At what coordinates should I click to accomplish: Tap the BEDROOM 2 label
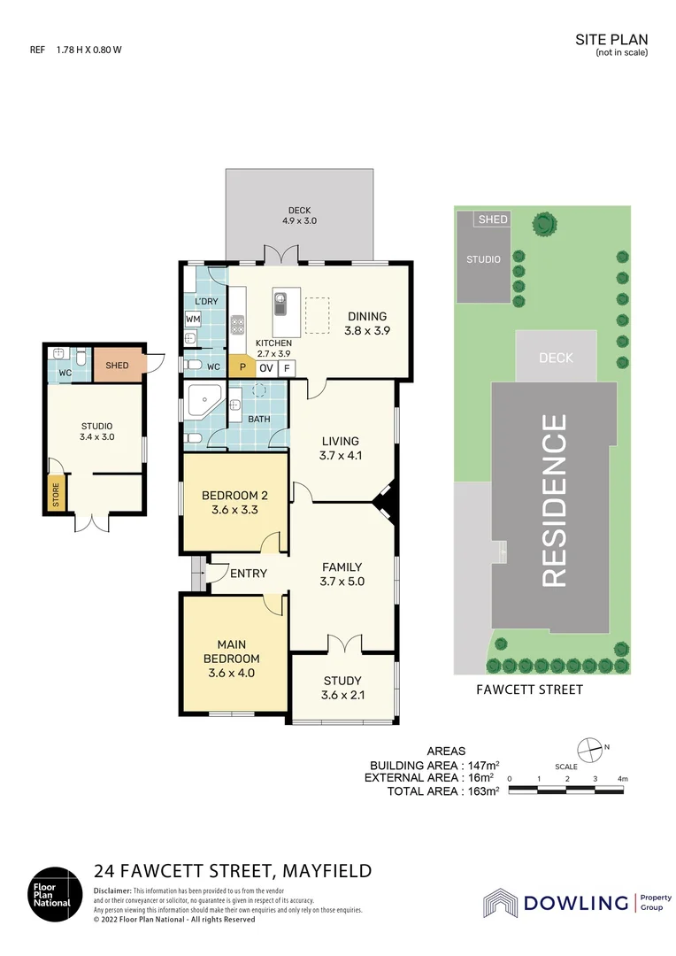coord(234,502)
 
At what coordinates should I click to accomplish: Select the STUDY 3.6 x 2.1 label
coord(342,687)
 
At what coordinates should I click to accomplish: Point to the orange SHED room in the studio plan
coord(117,366)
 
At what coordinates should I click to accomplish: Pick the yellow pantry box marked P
coord(241,368)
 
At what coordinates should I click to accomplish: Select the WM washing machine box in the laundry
coord(193,319)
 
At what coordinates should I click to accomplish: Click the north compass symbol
coord(589,748)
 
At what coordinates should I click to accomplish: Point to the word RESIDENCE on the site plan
coord(554,501)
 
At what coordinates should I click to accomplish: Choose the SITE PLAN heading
coord(611,39)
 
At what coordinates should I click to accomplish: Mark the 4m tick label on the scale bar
coord(623,778)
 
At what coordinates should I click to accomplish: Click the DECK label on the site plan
coord(556,358)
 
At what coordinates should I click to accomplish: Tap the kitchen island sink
coord(280,305)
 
